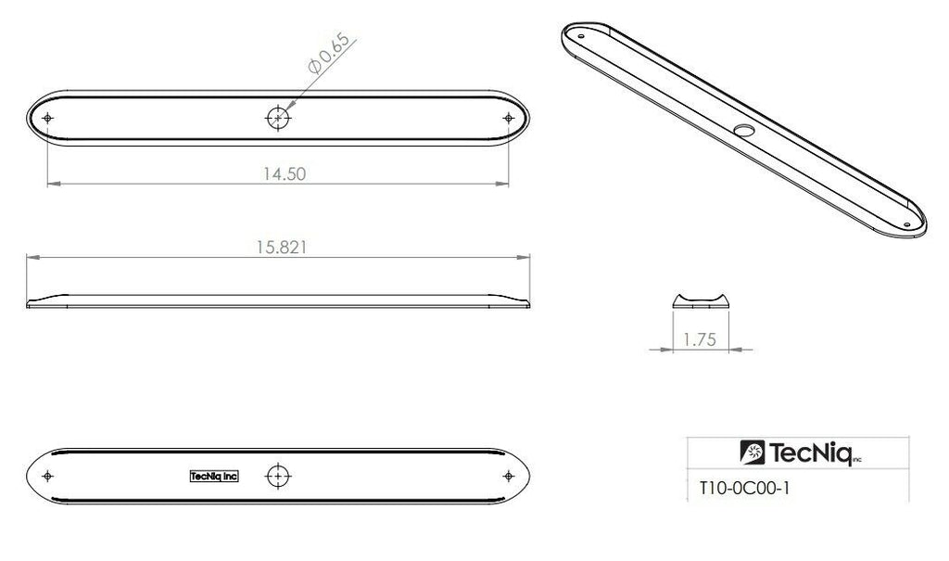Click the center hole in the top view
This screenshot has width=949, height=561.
tap(277, 118)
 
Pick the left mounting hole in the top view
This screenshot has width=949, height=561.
tap(48, 118)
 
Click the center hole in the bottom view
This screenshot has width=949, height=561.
tap(277, 476)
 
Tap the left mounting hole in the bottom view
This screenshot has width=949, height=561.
tap(48, 476)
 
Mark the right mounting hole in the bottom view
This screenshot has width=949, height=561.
tap(506, 476)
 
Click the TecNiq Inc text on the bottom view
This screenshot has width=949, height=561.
tap(213, 476)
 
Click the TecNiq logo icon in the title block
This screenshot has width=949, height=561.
tap(752, 453)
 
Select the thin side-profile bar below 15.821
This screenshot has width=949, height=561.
tap(277, 300)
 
